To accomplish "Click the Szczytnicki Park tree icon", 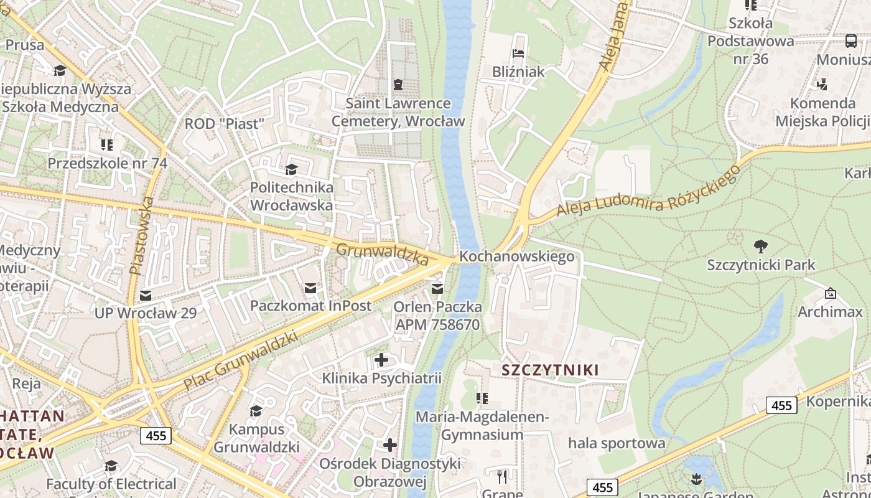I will (x=760, y=246).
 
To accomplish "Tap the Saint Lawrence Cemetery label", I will (x=398, y=112).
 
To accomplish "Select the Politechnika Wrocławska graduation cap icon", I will (x=291, y=169).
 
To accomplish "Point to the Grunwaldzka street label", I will (x=382, y=254).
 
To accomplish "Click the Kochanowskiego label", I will (x=516, y=256).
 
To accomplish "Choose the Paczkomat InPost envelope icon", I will (x=310, y=288).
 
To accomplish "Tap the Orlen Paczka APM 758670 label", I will (x=437, y=316).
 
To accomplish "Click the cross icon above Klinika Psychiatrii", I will (x=381, y=360).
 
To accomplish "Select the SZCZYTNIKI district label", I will (x=550, y=370).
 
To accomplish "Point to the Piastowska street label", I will (x=141, y=236).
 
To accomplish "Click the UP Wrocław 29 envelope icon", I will (x=146, y=295).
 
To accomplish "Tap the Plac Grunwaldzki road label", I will (x=241, y=360).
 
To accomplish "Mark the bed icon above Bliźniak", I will (x=518, y=54).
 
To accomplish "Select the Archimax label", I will (x=830, y=311).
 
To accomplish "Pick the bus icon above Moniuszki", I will (x=850, y=41).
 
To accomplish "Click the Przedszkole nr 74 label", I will (x=108, y=163).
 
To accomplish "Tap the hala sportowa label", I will (x=617, y=443).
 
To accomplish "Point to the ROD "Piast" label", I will (x=225, y=123).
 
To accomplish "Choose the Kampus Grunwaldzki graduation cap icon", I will (x=256, y=411).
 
